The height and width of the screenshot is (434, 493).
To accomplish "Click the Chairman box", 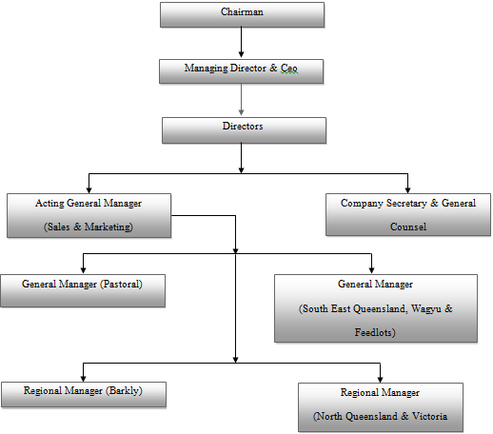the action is tap(242, 15).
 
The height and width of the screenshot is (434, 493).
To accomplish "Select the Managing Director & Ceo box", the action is tap(241, 71).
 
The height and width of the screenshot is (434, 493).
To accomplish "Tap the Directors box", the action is tap(244, 130).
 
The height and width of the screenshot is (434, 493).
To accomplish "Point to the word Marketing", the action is tap(108, 227).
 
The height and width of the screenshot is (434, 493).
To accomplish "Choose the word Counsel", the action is tap(408, 227).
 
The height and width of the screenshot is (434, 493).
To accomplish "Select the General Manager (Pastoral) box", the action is tap(83, 290).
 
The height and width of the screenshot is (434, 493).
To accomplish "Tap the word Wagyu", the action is tap(426, 308).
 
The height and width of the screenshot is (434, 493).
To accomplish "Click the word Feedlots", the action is tap(374, 332).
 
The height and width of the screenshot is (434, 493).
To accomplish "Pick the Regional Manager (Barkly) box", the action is tap(84, 394).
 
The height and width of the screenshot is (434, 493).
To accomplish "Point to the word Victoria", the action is tap(429, 416).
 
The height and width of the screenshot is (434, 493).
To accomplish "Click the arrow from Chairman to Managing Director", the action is tap(241, 42).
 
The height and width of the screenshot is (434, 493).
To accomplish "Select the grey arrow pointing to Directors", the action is tap(241, 100).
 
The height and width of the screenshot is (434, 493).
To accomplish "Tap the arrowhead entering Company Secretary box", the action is tap(407, 190).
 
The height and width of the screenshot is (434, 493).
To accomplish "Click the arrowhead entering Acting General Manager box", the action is tap(89, 190).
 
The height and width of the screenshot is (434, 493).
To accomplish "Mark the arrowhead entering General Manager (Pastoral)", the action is tap(83, 270).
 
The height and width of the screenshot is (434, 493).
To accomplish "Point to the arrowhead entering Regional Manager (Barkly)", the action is tap(83, 379).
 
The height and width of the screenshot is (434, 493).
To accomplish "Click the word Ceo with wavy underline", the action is tap(289, 69).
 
